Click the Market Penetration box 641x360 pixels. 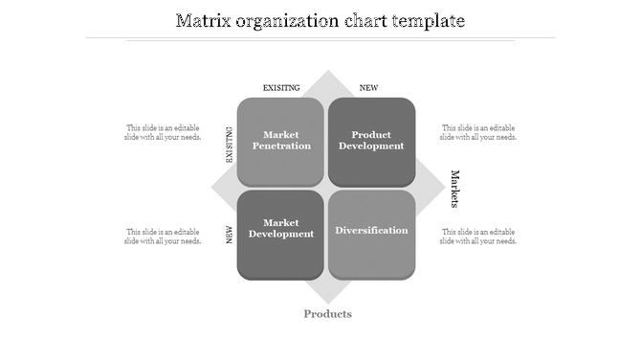pyautogui.click(x=281, y=141)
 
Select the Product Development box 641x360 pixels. pyautogui.click(x=372, y=141)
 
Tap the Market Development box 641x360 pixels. pyautogui.click(x=281, y=234)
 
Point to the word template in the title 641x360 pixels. pyautogui.click(x=426, y=20)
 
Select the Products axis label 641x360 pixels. pyautogui.click(x=328, y=314)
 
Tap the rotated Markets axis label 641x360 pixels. pyautogui.click(x=455, y=189)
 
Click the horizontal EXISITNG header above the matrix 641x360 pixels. pyautogui.click(x=281, y=88)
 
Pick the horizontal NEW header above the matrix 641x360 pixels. pyautogui.click(x=368, y=88)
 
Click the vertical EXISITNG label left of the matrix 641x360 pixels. pyautogui.click(x=230, y=145)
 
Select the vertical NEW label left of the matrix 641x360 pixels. pyautogui.click(x=230, y=236)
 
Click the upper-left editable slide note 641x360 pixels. pyautogui.click(x=163, y=132)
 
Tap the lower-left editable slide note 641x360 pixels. pyautogui.click(x=163, y=236)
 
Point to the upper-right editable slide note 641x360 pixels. pyautogui.click(x=478, y=132)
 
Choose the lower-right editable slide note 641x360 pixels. pyautogui.click(x=478, y=236)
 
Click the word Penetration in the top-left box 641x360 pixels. pyautogui.click(x=281, y=146)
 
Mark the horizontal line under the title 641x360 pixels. pyautogui.click(x=320, y=38)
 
